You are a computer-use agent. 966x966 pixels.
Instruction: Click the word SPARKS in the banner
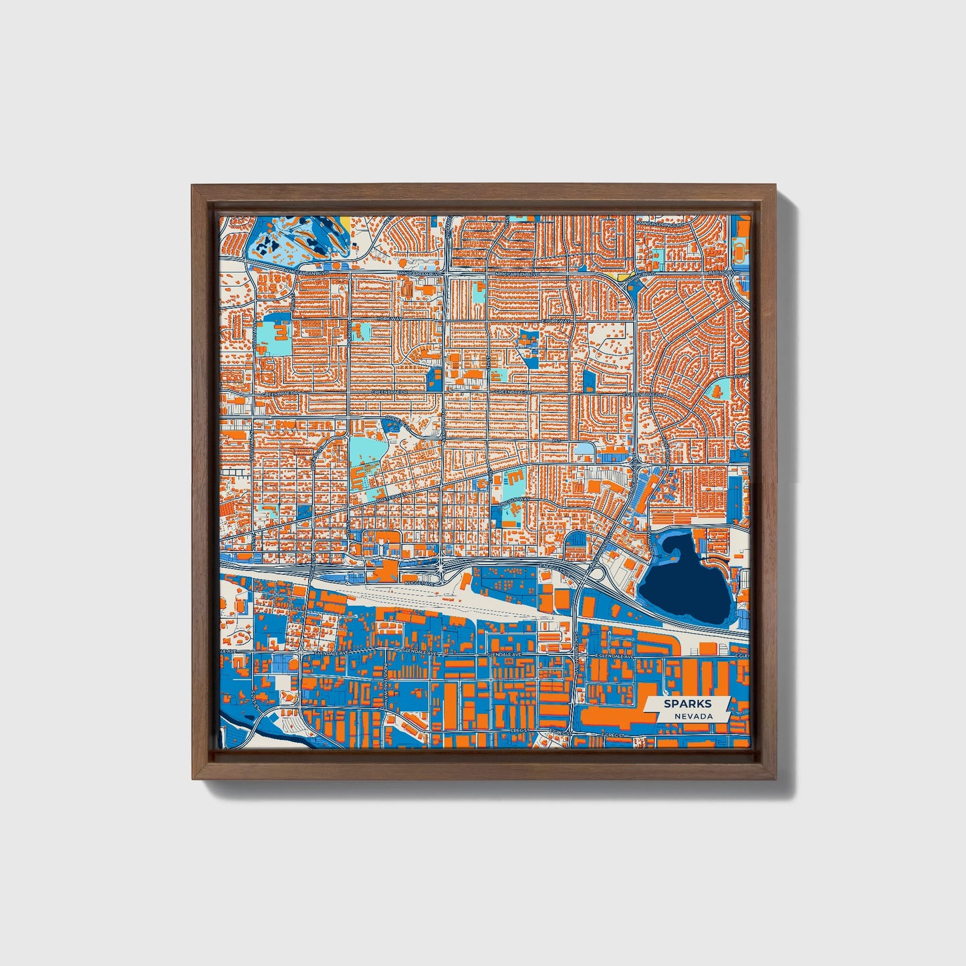(x=687, y=704)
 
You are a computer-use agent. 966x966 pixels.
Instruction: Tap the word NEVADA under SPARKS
(x=693, y=716)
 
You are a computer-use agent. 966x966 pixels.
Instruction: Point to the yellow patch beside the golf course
(x=345, y=221)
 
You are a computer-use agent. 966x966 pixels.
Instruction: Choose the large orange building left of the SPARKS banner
(x=612, y=716)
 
